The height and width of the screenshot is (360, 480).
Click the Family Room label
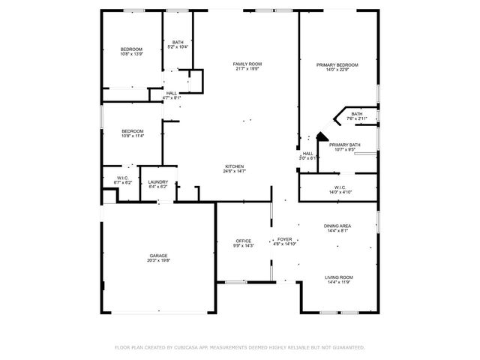(246, 64)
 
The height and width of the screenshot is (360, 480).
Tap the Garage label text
(157, 256)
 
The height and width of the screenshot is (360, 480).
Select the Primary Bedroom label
(337, 65)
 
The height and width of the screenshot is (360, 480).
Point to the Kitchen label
(234, 166)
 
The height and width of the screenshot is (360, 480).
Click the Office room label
(243, 241)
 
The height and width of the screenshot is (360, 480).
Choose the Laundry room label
(157, 181)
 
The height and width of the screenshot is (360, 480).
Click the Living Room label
(339, 277)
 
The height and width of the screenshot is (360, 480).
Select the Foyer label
(285, 239)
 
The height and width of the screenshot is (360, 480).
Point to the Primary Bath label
(344, 144)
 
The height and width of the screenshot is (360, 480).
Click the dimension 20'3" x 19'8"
(157, 261)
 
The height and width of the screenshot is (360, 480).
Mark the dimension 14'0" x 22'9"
(337, 70)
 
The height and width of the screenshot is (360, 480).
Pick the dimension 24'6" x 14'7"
(234, 172)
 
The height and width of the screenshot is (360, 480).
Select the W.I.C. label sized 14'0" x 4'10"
(339, 192)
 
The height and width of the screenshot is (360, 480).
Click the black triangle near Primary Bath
(321, 137)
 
